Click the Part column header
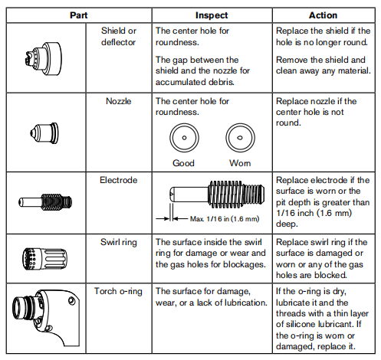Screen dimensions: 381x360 click(79, 15)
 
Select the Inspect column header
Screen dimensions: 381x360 click(212, 15)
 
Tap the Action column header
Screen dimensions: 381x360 click(323, 15)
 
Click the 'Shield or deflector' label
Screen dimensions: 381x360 click(119, 36)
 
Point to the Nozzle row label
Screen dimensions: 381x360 click(119, 101)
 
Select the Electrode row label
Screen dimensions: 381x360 click(119, 180)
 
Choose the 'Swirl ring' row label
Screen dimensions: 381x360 click(119, 242)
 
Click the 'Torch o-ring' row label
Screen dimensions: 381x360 click(118, 291)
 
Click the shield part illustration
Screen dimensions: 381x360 click(44, 59)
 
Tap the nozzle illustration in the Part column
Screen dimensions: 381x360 click(44, 133)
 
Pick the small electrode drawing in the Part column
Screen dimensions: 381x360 click(45, 202)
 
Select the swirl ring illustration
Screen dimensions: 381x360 click(44, 259)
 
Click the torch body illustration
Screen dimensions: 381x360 click(46, 317)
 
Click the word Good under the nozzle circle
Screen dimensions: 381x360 click(183, 163)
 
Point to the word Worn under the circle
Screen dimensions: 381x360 click(240, 163)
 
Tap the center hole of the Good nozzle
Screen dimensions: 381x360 click(184, 138)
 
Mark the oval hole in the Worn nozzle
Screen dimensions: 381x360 click(240, 138)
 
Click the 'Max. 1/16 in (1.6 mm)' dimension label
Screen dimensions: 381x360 click(225, 219)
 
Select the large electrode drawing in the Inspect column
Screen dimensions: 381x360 click(217, 194)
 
